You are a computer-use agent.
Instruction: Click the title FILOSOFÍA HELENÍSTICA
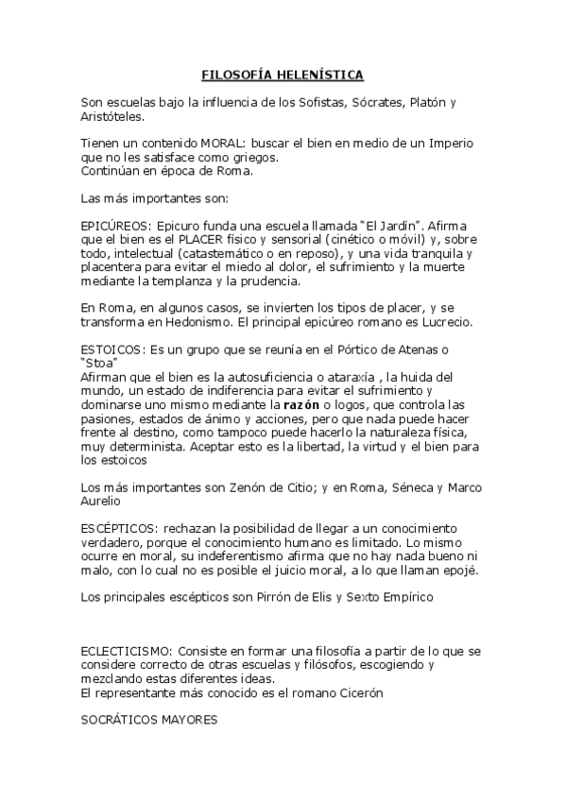coord(283,75)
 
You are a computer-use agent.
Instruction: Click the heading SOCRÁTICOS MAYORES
coord(149,721)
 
